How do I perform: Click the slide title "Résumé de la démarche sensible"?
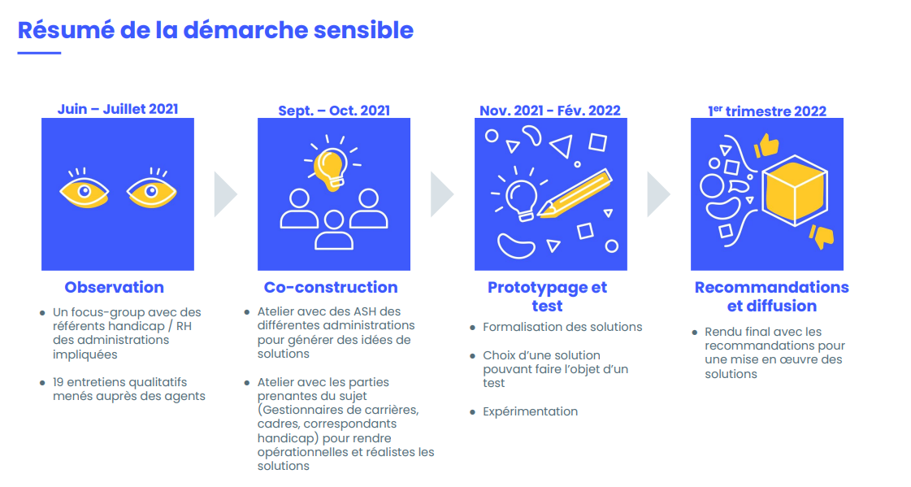pyautogui.click(x=215, y=31)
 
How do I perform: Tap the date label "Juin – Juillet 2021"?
pyautogui.click(x=118, y=109)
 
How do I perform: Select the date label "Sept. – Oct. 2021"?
pyautogui.click(x=334, y=111)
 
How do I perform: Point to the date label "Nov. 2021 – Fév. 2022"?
pyautogui.click(x=550, y=111)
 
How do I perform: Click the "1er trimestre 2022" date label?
pyautogui.click(x=767, y=111)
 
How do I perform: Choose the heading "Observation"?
pyautogui.click(x=115, y=287)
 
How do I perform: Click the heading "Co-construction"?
pyautogui.click(x=331, y=287)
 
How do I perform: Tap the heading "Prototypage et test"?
pyautogui.click(x=547, y=297)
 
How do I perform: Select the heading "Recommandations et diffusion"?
pyautogui.click(x=771, y=297)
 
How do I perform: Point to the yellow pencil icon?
pyautogui.click(x=574, y=194)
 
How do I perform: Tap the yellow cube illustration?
pyautogui.click(x=795, y=190)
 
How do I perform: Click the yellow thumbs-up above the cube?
pyautogui.click(x=766, y=146)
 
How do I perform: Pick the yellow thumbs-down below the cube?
pyautogui.click(x=822, y=237)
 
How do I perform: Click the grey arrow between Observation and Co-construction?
pyautogui.click(x=225, y=194)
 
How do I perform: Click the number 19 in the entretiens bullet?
pyautogui.click(x=58, y=382)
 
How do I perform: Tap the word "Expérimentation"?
pyautogui.click(x=531, y=411)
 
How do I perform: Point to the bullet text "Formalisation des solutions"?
pyautogui.click(x=562, y=327)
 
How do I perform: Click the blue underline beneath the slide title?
pyautogui.click(x=39, y=53)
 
